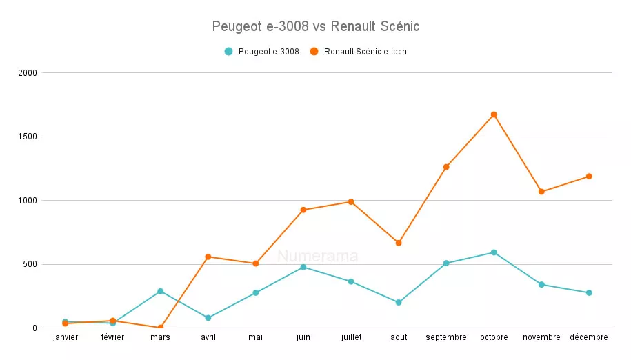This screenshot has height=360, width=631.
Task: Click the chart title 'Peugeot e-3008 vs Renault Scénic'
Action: pos(315,26)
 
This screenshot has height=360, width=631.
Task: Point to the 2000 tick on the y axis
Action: pos(28,73)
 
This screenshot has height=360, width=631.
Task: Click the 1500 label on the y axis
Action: pos(28,137)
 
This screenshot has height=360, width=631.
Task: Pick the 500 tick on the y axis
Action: pos(31,264)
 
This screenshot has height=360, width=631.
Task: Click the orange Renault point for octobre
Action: pos(494,114)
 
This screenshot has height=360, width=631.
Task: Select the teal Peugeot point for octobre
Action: pos(494,252)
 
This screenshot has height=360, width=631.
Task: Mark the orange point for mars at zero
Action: pos(161,328)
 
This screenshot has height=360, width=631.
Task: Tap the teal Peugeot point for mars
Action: pos(161,291)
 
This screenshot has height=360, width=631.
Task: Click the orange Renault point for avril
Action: pos(208,257)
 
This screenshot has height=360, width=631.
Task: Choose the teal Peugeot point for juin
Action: pos(303,267)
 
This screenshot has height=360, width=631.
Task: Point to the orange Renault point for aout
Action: pos(399,243)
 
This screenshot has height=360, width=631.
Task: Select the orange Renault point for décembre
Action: pos(589,176)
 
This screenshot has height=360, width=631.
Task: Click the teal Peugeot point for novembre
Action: pos(541,284)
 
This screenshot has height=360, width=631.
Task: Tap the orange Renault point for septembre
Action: pos(446,167)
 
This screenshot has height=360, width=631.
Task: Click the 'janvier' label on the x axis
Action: pos(65,337)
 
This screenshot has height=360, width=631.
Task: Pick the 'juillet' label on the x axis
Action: pos(351,337)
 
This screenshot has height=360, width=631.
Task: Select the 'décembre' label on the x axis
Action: pos(589,337)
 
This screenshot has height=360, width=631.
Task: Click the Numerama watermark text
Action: pos(317,257)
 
